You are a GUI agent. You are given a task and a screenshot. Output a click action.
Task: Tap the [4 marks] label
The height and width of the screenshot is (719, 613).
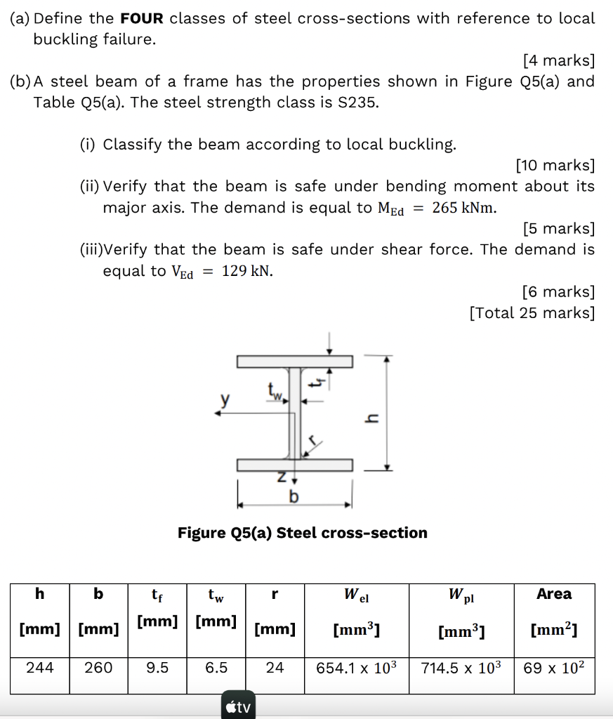[x=559, y=60]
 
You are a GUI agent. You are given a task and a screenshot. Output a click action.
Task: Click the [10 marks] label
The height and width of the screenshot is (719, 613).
[x=555, y=166]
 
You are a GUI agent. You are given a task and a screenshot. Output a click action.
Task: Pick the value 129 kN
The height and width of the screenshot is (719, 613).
[x=247, y=272]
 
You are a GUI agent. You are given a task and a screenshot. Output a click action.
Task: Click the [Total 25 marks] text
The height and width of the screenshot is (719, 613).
[x=532, y=313]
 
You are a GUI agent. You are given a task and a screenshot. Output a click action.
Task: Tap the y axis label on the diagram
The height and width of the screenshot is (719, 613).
[x=225, y=400]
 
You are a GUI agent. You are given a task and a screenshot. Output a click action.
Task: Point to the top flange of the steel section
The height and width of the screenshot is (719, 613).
[x=294, y=362]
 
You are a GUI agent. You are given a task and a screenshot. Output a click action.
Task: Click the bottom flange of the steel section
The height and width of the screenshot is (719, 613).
[x=294, y=465]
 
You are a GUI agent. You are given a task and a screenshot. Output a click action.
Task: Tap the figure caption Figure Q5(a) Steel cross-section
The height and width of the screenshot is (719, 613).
[x=303, y=533]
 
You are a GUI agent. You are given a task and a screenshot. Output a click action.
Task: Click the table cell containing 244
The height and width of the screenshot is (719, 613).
[x=39, y=668]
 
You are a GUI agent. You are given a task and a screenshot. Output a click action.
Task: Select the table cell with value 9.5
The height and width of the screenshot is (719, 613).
[x=157, y=668]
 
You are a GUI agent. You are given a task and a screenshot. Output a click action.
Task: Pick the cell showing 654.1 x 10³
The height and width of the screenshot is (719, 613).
[x=357, y=668]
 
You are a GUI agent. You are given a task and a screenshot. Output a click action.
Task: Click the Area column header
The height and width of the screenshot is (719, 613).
[x=554, y=594]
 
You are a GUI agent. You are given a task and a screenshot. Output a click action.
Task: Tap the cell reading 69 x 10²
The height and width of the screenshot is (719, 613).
[x=554, y=668]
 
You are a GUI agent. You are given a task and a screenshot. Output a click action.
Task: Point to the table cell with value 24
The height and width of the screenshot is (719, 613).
[x=275, y=668]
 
